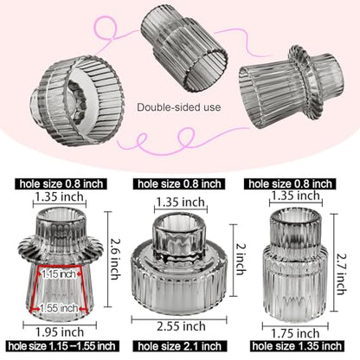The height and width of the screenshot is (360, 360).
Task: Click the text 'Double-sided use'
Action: [x=179, y=107]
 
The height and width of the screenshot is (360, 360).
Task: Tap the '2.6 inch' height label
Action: [x=115, y=259]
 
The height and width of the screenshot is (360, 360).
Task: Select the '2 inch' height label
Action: [x=241, y=260]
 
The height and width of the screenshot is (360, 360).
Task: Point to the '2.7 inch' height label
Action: [x=343, y=273]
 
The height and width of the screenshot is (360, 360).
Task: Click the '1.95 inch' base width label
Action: [x=60, y=332]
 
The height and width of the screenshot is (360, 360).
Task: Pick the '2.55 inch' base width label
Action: [x=181, y=326]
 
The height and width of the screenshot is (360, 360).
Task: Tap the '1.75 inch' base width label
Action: [x=295, y=333]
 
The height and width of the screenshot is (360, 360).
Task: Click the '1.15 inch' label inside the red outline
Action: [x=59, y=273]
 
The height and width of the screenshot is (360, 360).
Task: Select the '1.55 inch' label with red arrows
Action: [x=59, y=308]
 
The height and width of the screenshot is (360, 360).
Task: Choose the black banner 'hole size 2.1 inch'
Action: [x=179, y=346]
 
